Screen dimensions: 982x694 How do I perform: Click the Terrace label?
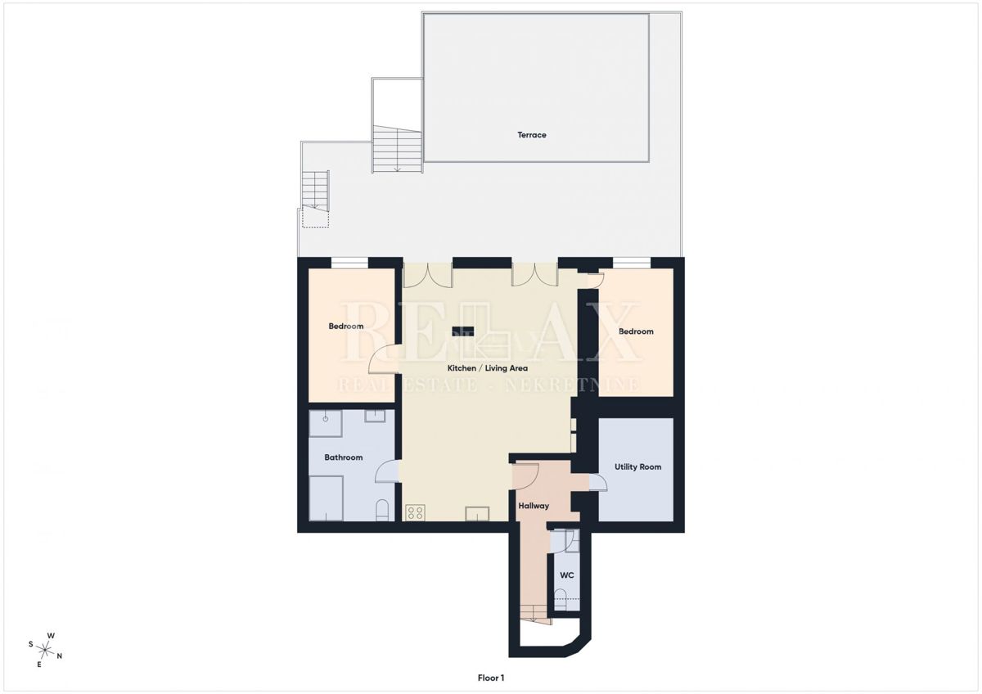click(x=531, y=134)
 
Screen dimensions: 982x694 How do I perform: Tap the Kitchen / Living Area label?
click(x=487, y=367)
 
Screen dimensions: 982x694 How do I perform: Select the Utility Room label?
click(x=637, y=467)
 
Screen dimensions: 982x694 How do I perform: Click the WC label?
click(x=567, y=575)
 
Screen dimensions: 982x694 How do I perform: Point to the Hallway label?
click(x=534, y=506)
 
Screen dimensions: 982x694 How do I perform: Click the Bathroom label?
click(x=343, y=457)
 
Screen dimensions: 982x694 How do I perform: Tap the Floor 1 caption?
click(x=491, y=678)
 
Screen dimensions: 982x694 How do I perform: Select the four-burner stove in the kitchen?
click(x=415, y=512)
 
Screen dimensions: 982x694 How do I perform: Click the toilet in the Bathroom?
click(x=382, y=510)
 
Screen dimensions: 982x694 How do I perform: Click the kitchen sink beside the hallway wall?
click(x=477, y=513)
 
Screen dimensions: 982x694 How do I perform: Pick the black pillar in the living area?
click(x=463, y=331)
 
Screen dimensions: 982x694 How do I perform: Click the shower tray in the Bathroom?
click(x=326, y=423)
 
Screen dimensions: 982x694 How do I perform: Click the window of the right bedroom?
click(x=631, y=263)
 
